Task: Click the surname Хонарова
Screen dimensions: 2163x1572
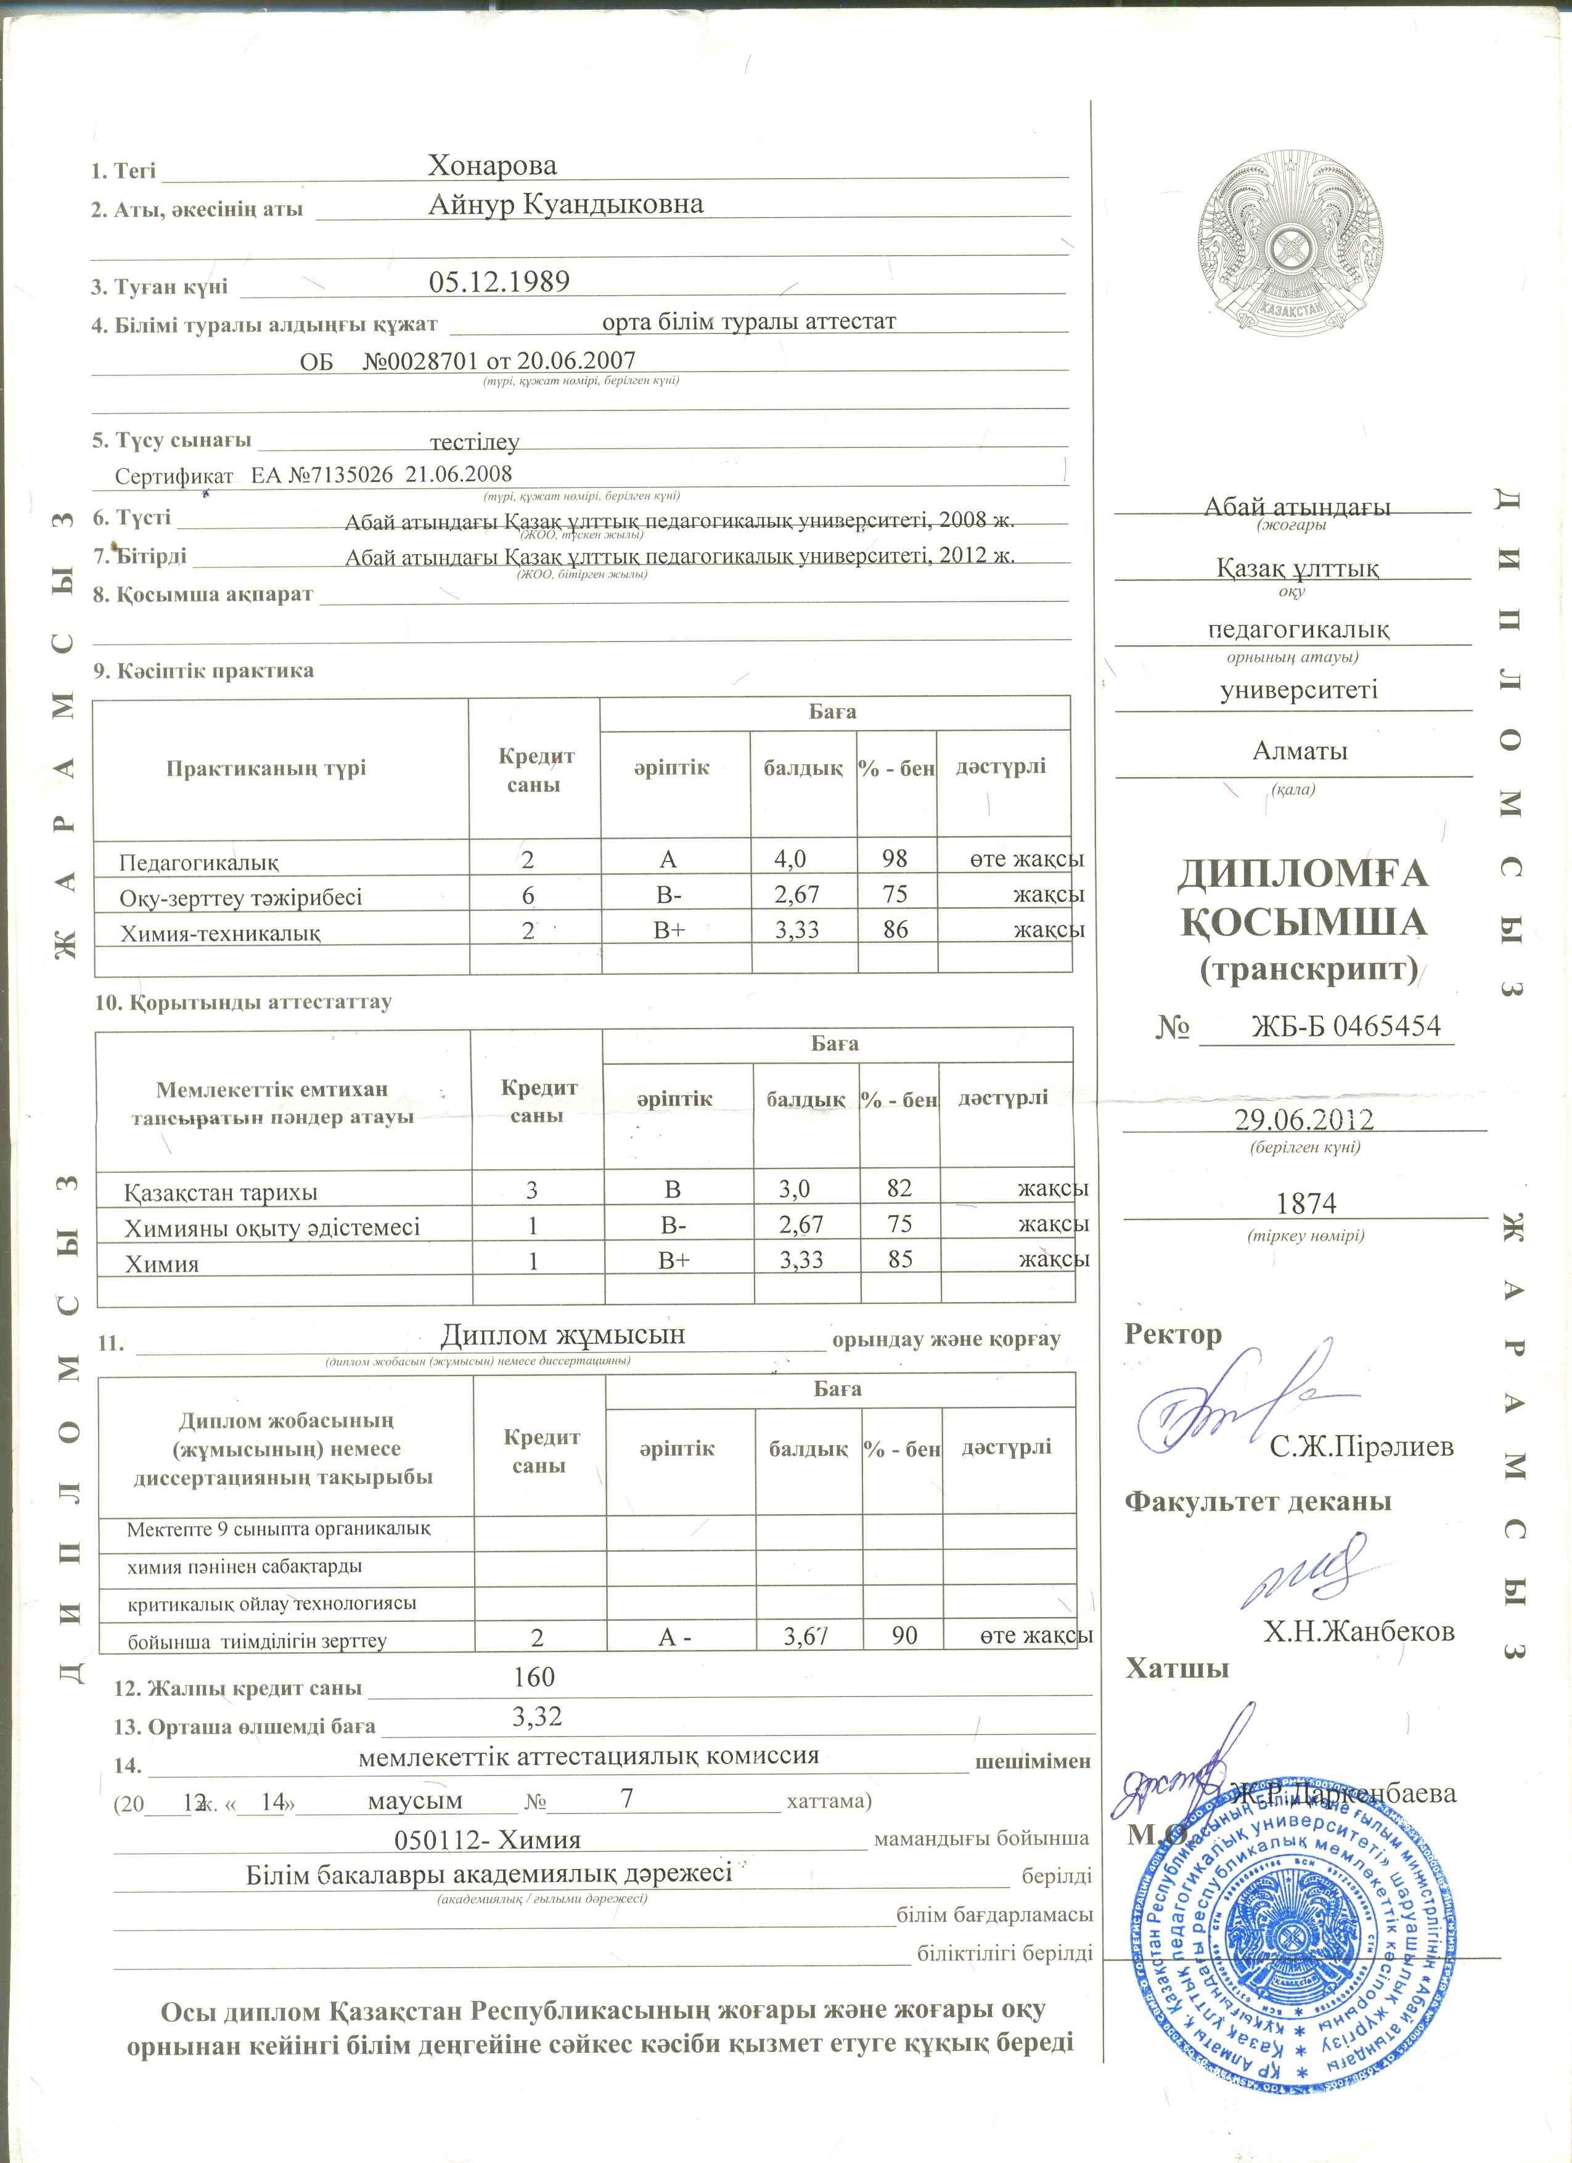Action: (491, 166)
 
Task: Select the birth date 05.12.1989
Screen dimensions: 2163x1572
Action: (499, 282)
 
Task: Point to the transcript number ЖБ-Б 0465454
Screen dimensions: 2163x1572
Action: (1345, 1026)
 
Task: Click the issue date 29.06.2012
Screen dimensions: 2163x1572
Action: (1304, 1120)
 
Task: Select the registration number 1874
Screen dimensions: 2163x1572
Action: (1306, 1204)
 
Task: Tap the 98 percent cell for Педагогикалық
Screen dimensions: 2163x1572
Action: (894, 858)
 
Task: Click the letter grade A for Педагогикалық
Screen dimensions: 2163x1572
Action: (668, 859)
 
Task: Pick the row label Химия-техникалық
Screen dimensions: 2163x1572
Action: (219, 933)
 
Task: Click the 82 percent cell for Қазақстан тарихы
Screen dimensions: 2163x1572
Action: (899, 1188)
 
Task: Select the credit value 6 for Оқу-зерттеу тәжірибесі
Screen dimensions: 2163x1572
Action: (528, 895)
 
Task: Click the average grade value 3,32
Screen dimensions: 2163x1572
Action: (536, 1717)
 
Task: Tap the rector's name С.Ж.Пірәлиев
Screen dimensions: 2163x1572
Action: (1361, 1447)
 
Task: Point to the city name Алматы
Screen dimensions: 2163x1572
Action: (1299, 751)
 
